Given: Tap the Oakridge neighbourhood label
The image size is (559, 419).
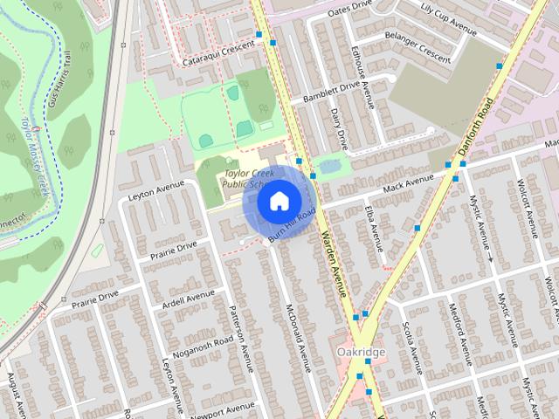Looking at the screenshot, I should pyautogui.click(x=359, y=352).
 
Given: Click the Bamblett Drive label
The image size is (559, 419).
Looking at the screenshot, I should pyautogui.click(x=332, y=86).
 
